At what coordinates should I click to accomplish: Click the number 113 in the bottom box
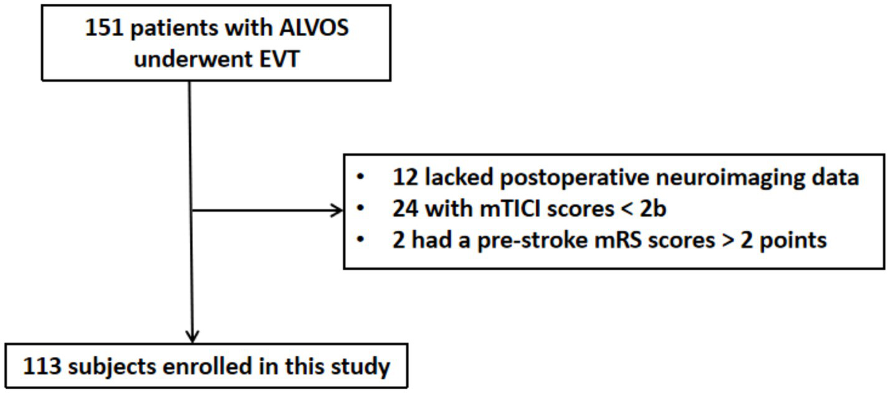coord(42,366)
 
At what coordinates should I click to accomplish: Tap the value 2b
coord(653,209)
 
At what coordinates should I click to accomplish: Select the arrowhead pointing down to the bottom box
coord(193,336)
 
